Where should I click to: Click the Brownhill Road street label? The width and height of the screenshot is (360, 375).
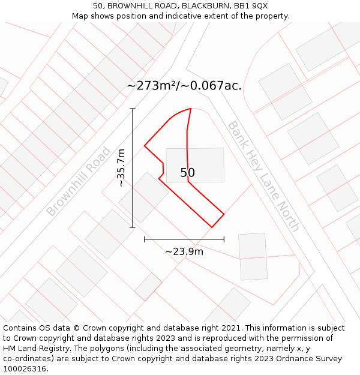79,182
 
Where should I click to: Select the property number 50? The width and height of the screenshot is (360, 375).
188,173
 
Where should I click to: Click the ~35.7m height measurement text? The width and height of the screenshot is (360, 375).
121,168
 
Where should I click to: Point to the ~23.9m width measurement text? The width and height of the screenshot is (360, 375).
184,251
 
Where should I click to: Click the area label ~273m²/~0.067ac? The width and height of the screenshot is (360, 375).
184,86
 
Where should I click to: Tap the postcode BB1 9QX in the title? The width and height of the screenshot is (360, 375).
251,6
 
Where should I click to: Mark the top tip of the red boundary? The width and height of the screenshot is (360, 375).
191,109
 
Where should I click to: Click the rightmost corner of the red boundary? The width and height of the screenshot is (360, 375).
224,214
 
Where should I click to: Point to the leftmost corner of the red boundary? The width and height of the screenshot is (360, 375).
145,146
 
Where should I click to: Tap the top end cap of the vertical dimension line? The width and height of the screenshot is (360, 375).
133,109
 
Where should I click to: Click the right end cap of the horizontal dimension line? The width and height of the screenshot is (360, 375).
224,239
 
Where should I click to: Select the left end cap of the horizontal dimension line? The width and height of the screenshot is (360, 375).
145,239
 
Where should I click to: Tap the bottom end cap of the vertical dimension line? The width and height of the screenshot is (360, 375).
133,227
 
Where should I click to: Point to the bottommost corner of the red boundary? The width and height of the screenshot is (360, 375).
212,227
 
